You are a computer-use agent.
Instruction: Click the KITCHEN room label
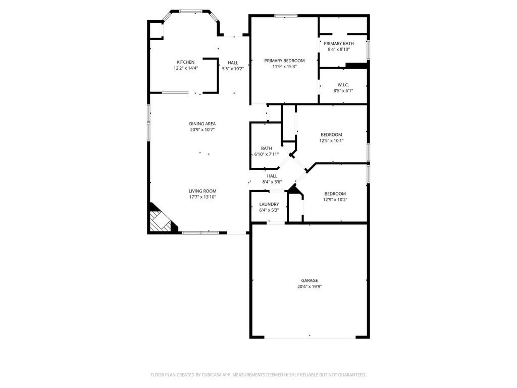pos(186,62)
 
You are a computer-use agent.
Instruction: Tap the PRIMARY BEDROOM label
pos(284,61)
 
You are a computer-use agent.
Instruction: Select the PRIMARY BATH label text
pos(339,43)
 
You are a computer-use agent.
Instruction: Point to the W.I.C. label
pos(343,85)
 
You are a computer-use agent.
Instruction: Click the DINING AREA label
pos(202,124)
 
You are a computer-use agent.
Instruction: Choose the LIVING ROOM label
pos(202,191)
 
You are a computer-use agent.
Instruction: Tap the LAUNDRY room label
pos(269,204)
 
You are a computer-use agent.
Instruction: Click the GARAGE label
pos(309,280)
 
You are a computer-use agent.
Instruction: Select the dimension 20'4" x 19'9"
pos(309,287)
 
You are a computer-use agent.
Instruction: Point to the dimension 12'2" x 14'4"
pos(186,68)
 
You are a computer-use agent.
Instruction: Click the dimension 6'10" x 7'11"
pos(267,155)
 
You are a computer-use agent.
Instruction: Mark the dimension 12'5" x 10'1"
pos(331,140)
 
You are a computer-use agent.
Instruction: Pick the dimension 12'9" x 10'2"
pos(335,200)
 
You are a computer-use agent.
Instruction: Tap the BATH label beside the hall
pos(267,149)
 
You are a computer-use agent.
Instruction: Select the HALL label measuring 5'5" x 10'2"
pos(233,63)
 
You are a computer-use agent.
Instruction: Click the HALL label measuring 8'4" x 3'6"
pos(272,176)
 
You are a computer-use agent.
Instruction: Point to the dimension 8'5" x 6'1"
pos(343,91)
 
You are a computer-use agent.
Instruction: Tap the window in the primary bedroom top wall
pos(286,16)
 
